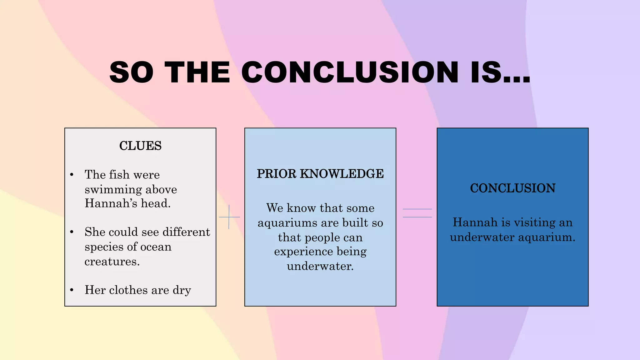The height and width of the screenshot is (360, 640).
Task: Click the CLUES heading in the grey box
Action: [140, 146]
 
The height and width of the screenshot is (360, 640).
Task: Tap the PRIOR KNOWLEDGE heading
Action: [320, 174]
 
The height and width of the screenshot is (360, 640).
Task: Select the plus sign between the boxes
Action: [229, 217]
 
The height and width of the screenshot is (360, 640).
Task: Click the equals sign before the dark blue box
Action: [417, 213]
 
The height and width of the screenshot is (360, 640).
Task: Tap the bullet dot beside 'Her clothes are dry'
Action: [72, 290]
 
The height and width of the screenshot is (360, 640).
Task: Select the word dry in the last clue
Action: [182, 290]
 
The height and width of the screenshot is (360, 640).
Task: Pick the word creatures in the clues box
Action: [112, 262]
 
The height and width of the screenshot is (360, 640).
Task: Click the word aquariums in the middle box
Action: [287, 223]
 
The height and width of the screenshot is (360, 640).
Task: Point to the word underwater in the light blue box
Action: [320, 266]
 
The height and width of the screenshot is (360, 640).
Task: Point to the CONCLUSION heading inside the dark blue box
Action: [512, 188]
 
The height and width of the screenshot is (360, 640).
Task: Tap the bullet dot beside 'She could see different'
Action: [72, 232]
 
